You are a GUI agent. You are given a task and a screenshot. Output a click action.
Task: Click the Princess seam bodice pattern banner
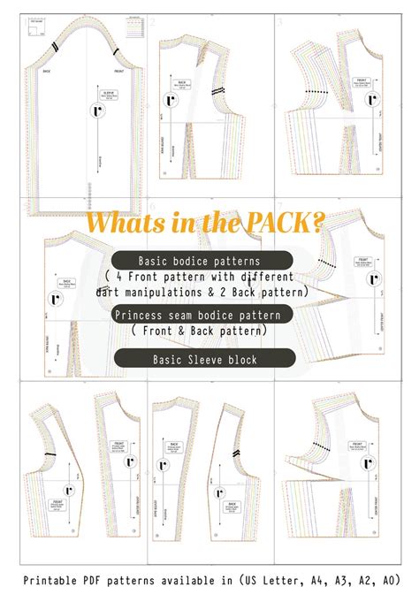[202, 316]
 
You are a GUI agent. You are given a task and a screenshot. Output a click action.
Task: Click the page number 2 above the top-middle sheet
[152, 20]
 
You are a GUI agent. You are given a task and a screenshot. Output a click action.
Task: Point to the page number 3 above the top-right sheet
[279, 20]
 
